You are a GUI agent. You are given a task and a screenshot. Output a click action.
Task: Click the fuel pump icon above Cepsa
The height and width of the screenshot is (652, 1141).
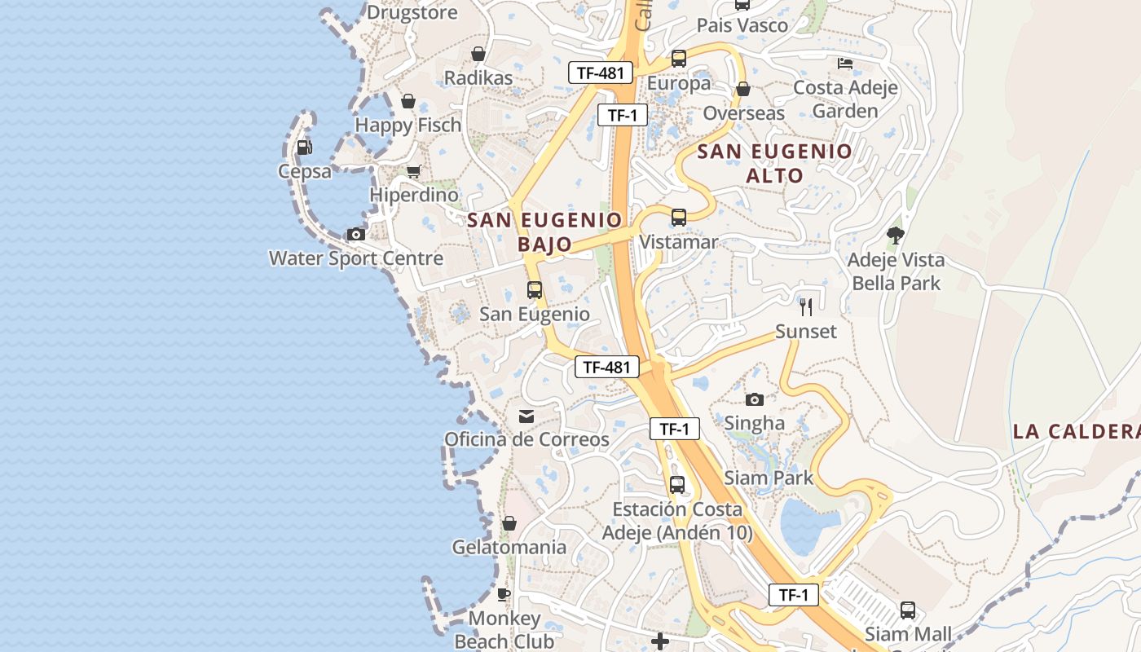[x=304, y=148]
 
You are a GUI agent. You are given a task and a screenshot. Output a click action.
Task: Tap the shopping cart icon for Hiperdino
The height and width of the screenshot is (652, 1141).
[x=413, y=171]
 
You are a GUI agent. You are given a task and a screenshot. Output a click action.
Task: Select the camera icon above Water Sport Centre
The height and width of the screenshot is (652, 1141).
[x=356, y=235]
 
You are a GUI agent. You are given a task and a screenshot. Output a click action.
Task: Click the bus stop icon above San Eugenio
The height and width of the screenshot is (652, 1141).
[x=535, y=290]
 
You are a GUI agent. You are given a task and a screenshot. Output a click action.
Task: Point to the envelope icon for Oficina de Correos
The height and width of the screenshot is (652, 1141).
[x=526, y=416]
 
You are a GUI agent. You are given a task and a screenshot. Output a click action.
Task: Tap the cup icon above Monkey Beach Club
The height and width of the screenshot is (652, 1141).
[x=504, y=594]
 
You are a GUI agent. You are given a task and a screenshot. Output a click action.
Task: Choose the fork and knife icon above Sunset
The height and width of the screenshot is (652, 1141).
[x=806, y=307]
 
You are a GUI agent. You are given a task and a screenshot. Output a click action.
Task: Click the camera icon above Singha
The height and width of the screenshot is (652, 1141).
[x=755, y=399]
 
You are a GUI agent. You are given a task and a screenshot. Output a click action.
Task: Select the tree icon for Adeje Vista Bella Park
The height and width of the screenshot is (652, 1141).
[x=896, y=236]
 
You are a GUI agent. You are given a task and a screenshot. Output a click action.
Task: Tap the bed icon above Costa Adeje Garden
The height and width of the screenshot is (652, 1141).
[x=845, y=63]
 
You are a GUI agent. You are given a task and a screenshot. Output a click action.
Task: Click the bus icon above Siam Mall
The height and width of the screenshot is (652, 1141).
[x=908, y=610]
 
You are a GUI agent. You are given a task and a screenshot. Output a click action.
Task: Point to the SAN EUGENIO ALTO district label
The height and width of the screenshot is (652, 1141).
[x=773, y=163]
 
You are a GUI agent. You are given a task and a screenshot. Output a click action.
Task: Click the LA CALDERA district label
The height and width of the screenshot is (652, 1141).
[x=1076, y=432]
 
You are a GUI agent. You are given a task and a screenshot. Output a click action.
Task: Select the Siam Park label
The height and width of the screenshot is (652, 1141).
[x=769, y=478]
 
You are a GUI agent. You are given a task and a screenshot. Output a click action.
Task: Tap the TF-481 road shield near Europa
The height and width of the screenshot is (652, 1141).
[x=600, y=73]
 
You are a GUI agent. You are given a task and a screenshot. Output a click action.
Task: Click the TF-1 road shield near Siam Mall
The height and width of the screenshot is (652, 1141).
[x=794, y=595]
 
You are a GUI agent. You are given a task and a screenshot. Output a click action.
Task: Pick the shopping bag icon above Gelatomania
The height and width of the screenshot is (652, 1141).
[x=509, y=523]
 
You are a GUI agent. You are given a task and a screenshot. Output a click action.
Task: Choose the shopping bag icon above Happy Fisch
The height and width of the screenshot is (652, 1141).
[x=408, y=102]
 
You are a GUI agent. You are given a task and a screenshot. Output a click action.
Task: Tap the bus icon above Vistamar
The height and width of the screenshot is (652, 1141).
[x=678, y=218]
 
